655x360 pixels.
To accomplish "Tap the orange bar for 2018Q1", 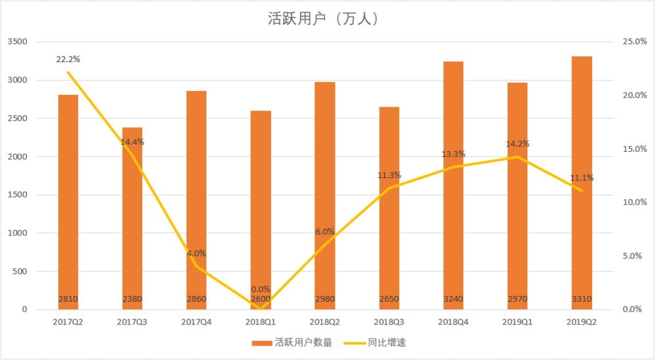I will pos(261,209).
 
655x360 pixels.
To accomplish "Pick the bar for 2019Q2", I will pos(582,183).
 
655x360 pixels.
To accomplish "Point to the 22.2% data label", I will pos(68,60).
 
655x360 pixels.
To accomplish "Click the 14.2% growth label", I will pos(517,144).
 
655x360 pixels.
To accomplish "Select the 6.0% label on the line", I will pos(325,231).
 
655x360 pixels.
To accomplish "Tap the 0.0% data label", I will pos(261,289).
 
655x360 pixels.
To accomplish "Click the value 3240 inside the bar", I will pos(453,299).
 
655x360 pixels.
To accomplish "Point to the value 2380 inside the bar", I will pos(132,299).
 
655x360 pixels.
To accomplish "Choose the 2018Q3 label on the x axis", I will pos(389,321).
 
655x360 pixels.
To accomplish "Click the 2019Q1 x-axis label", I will pos(517,321).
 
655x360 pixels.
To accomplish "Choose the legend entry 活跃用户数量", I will pos(292,342).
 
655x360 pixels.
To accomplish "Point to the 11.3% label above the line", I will pos(389,175).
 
